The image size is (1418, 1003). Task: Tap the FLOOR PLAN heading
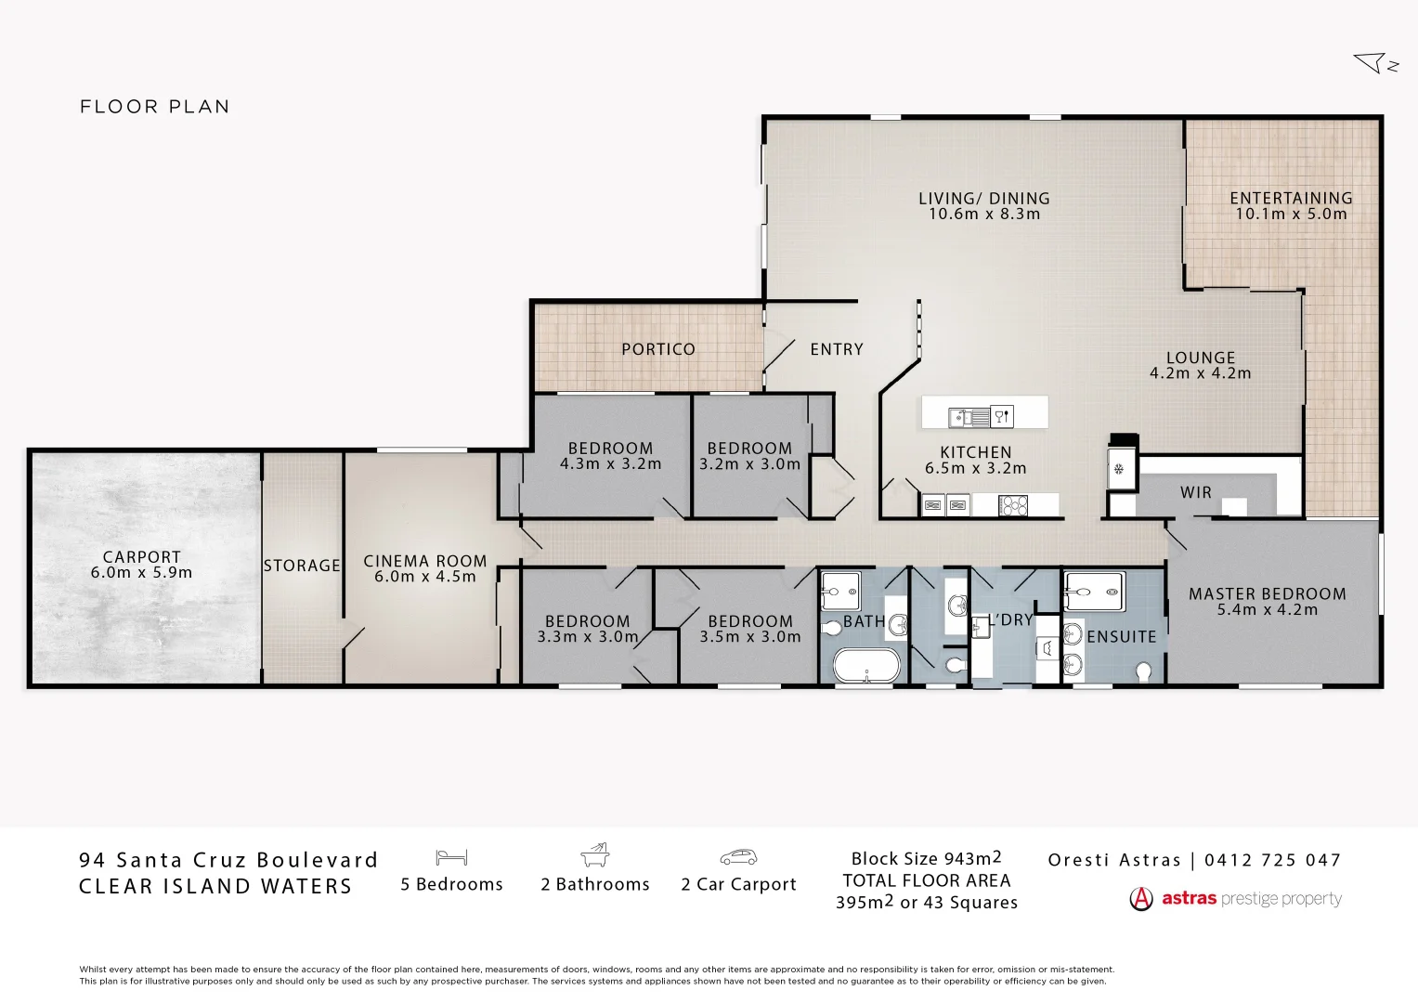click(x=154, y=107)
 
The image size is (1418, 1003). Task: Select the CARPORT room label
click(x=141, y=557)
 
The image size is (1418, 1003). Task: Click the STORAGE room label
click(x=302, y=566)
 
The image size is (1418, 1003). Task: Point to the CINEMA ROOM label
click(x=424, y=561)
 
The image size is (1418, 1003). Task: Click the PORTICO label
click(x=657, y=349)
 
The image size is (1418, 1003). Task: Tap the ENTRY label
click(x=836, y=349)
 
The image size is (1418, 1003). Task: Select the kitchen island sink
click(x=969, y=418)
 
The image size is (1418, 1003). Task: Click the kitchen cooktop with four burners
click(x=1012, y=506)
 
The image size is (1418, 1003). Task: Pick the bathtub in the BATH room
click(x=865, y=666)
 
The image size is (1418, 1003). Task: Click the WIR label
click(x=1195, y=493)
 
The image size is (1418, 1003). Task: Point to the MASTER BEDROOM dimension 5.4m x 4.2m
click(x=1267, y=610)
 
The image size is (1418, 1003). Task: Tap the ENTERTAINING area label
click(x=1290, y=198)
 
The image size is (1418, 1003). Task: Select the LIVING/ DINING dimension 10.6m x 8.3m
click(x=983, y=215)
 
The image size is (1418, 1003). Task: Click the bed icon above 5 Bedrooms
click(x=451, y=857)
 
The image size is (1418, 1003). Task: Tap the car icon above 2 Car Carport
click(x=738, y=857)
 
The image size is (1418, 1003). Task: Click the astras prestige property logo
click(x=1235, y=899)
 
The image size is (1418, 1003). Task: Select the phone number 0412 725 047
click(x=1272, y=860)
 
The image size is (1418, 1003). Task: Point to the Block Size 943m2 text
click(x=926, y=859)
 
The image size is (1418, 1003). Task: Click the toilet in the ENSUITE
click(x=1143, y=671)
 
